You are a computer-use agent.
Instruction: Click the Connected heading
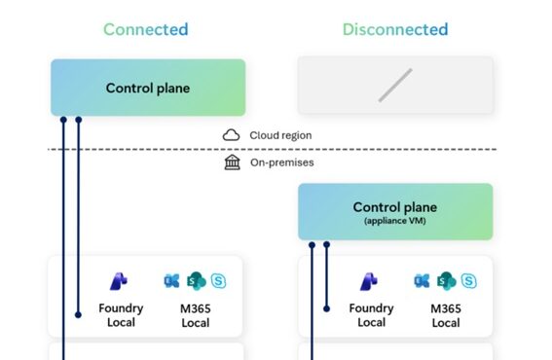[147, 29]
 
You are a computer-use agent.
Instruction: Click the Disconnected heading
[394, 29]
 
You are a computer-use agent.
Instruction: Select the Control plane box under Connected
[148, 89]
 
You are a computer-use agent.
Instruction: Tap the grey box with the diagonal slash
[395, 85]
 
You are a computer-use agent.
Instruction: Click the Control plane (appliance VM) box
[395, 211]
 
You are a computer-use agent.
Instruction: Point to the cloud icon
[232, 135]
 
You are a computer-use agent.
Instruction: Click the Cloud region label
[280, 135]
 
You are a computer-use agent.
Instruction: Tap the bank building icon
[232, 162]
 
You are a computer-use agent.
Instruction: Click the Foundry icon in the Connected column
[120, 281]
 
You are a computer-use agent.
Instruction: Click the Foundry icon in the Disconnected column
[371, 281]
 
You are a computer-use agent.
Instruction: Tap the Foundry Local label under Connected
[121, 315]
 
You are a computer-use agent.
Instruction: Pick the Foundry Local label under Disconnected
[371, 315]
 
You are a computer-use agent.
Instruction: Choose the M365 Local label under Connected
[195, 315]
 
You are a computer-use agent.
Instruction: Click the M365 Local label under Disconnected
[446, 315]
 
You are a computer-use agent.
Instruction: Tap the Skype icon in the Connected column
[219, 281]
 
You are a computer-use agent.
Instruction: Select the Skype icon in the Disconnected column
[469, 281]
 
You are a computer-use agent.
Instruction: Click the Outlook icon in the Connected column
[173, 281]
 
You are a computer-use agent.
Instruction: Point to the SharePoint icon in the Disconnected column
[447, 281]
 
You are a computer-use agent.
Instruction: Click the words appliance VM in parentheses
[395, 221]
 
